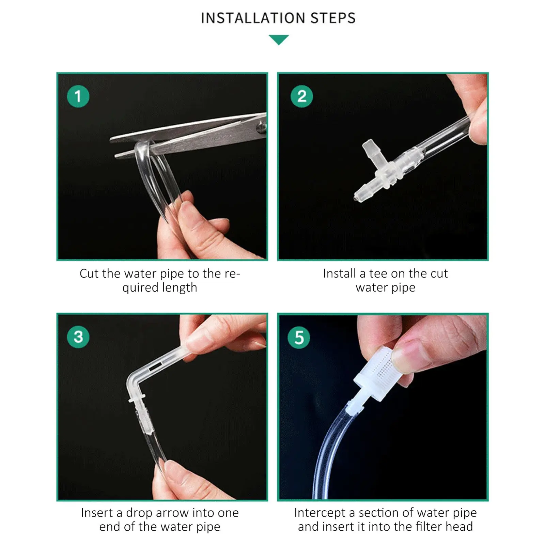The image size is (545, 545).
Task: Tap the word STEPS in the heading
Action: point(333,18)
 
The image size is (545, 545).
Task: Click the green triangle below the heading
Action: point(279,40)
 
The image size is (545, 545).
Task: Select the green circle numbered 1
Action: point(78,96)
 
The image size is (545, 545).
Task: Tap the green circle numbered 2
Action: point(301,96)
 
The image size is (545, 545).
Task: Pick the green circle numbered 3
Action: point(78,337)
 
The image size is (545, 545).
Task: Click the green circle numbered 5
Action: point(299,337)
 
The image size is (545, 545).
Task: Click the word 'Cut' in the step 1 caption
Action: point(90,274)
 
